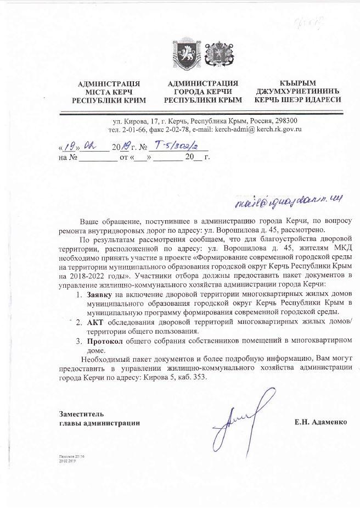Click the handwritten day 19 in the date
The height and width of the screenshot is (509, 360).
tap(68, 147)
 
